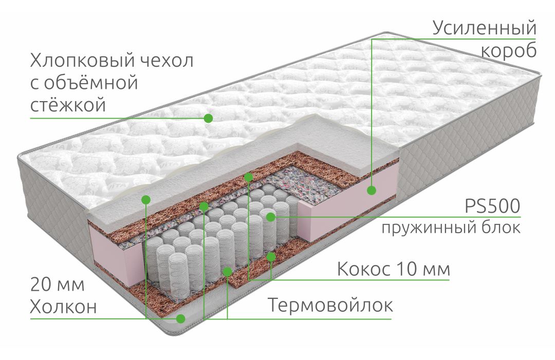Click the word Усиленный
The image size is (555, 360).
(x=484, y=29)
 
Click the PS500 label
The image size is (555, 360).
(x=492, y=206)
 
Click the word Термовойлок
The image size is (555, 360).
(x=330, y=305)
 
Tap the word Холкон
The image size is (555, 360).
(x=63, y=307)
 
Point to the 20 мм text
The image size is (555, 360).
(x=58, y=285)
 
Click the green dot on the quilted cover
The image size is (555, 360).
(x=208, y=118)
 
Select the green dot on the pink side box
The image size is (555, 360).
(x=372, y=190)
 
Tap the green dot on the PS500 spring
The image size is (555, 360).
(x=270, y=217)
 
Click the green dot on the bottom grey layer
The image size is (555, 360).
(x=181, y=318)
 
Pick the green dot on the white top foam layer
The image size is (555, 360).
(x=146, y=199)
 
